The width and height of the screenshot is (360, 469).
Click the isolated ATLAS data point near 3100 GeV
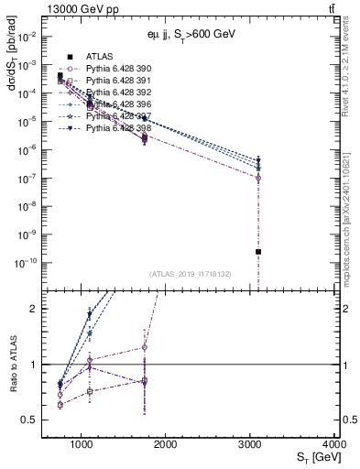coord(258,252)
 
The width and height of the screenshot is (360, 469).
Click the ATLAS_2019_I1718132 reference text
coord(190,274)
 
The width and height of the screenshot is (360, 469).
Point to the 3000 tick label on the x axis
coord(250,443)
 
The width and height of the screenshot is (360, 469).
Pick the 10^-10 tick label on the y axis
coord(26,262)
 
